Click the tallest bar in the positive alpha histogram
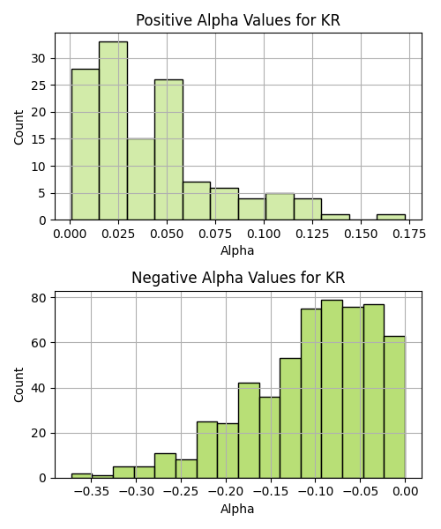114,130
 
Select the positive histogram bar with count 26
168,150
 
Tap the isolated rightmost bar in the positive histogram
391,217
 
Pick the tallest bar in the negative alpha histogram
332,389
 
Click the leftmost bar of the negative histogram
82,476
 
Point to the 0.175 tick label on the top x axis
409,234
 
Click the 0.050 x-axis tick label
167,234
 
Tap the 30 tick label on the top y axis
38,59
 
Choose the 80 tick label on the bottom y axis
38,298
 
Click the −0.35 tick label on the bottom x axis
91,492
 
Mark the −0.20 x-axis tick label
226,492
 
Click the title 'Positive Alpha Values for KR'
238,20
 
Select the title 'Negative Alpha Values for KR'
238,278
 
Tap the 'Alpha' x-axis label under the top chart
237,251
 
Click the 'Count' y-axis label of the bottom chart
19,385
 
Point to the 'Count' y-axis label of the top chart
19,127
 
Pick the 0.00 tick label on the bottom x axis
405,492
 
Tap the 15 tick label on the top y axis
38,139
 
